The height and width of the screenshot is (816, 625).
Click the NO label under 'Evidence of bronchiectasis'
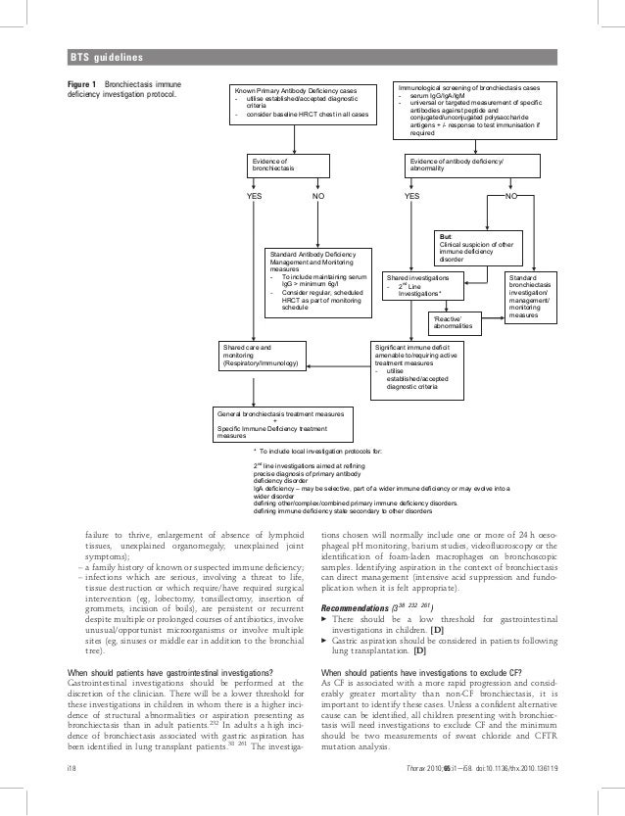point(318,195)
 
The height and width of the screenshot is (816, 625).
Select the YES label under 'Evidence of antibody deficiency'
point(413,195)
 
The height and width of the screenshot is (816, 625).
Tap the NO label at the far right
point(511,195)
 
